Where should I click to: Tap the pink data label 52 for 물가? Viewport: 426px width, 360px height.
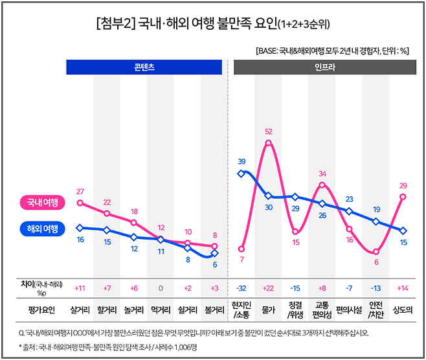pos(268,131)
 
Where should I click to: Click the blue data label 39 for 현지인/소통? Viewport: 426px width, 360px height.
pos(241,161)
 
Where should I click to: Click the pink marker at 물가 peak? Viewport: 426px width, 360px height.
pos(268,142)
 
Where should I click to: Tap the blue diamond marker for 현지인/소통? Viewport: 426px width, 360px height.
pos(241,173)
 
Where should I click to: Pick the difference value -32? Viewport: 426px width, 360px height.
pos(241,287)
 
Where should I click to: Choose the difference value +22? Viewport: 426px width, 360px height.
pos(268,287)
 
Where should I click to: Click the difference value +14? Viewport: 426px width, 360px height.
pos(403,287)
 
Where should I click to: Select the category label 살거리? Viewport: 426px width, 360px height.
pos(80,309)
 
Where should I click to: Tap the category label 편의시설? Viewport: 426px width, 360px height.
pos(349,309)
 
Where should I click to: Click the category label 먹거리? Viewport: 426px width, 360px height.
pos(161,309)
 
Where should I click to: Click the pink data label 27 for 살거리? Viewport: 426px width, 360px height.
pos(80,192)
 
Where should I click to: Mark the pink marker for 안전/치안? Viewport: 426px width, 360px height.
pos(376,252)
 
